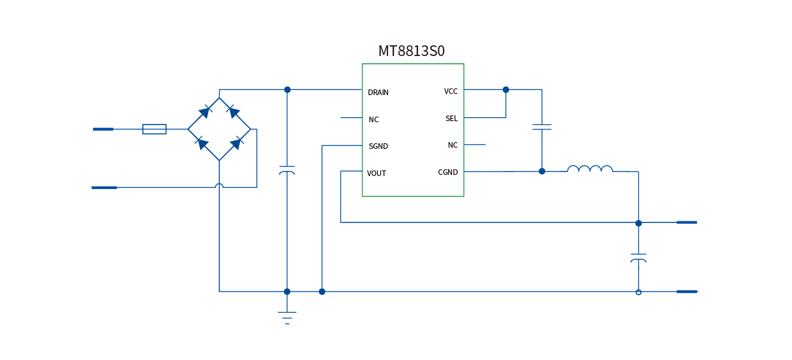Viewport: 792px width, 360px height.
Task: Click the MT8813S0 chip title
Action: pyautogui.click(x=411, y=52)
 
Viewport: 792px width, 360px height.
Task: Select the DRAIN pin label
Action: pyautogui.click(x=378, y=92)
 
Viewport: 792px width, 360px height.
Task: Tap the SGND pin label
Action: pyautogui.click(x=378, y=146)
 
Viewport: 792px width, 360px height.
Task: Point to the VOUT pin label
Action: pyautogui.click(x=376, y=173)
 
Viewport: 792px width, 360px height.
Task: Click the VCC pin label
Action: pyautogui.click(x=451, y=91)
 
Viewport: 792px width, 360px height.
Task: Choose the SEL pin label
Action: pyautogui.click(x=451, y=118)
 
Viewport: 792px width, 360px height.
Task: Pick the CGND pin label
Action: pyautogui.click(x=448, y=172)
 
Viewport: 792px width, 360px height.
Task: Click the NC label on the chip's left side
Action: pyautogui.click(x=373, y=119)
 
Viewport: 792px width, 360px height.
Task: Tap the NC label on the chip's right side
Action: pyautogui.click(x=453, y=145)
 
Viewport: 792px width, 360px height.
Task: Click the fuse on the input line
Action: pyautogui.click(x=154, y=129)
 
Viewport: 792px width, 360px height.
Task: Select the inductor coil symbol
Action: pyautogui.click(x=590, y=169)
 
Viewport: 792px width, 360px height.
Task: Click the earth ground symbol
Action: pyautogui.click(x=287, y=318)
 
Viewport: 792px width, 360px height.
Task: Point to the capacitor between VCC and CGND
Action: pyautogui.click(x=542, y=127)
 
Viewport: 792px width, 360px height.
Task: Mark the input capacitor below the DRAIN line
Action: pyautogui.click(x=287, y=170)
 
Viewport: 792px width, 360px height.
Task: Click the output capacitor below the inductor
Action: pyautogui.click(x=638, y=258)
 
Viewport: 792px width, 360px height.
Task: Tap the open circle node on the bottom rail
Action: pyautogui.click(x=639, y=292)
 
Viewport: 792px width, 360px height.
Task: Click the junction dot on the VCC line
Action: pyautogui.click(x=506, y=89)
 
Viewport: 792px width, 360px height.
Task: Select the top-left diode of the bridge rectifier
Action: pyautogui.click(x=204, y=112)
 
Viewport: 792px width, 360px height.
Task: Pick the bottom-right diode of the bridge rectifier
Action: pyautogui.click(x=235, y=144)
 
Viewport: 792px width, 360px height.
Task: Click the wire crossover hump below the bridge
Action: pyautogui.click(x=219, y=185)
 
